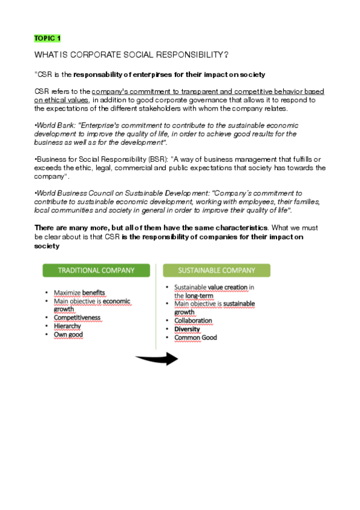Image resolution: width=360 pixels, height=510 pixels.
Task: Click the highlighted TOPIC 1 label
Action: click(47, 38)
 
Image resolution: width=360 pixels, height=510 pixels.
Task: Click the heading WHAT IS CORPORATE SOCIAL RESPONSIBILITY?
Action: click(131, 55)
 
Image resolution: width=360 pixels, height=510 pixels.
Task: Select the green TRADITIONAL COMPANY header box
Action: click(96, 271)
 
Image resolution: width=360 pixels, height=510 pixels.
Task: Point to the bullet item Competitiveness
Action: click(77, 318)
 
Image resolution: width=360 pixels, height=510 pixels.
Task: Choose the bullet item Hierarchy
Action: click(67, 326)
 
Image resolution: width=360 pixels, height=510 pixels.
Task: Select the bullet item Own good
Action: click(68, 334)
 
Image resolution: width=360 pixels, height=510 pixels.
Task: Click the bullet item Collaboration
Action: click(193, 321)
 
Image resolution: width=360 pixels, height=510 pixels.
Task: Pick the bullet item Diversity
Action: click(187, 329)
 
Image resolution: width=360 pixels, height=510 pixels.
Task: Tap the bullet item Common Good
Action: click(195, 337)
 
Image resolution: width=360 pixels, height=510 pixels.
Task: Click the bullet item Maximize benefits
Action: click(79, 293)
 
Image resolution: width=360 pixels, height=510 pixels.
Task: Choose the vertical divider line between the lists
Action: click(156, 307)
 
